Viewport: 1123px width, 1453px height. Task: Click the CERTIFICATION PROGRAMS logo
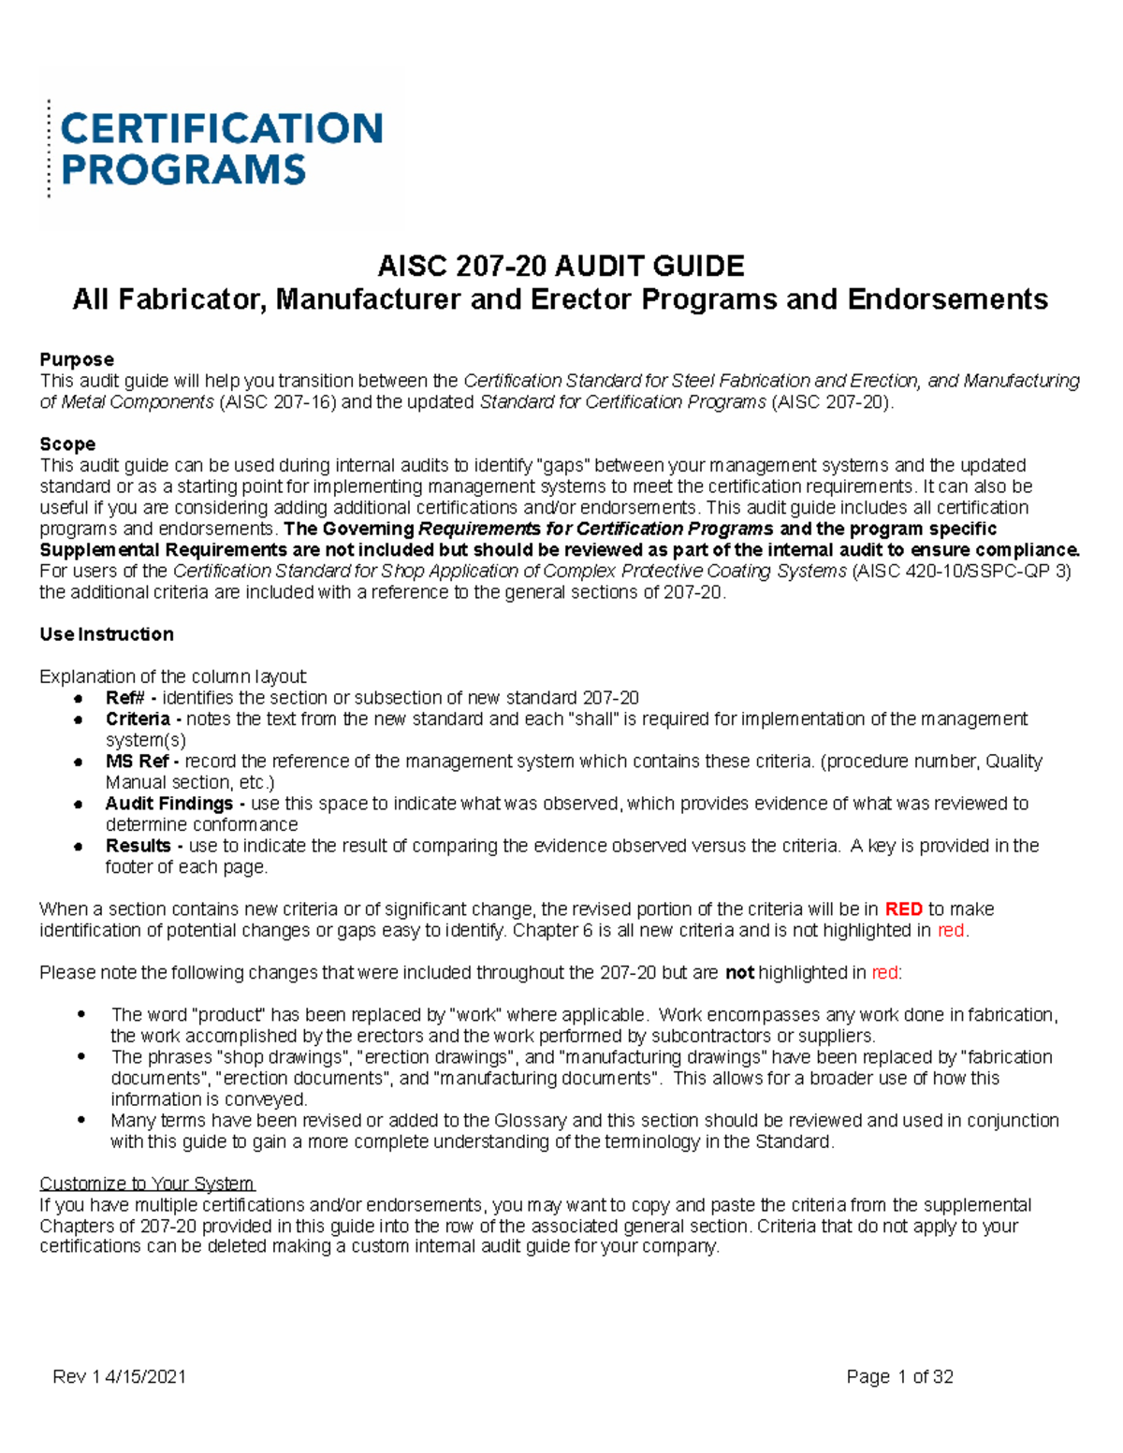tap(221, 149)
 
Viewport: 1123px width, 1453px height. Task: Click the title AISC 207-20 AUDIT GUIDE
tap(561, 267)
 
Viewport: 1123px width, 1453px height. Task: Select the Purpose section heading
tap(77, 360)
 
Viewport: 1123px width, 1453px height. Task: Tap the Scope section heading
tap(67, 444)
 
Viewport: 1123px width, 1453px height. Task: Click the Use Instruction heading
tap(107, 634)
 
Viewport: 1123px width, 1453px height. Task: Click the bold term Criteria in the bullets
tap(138, 719)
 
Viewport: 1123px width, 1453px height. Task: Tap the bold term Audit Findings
tap(169, 804)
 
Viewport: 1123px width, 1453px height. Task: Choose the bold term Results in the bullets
tap(139, 846)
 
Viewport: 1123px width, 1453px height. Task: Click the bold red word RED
tap(903, 909)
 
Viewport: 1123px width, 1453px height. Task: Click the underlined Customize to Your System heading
tap(147, 1184)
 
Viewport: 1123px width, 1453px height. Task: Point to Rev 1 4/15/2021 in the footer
tap(120, 1376)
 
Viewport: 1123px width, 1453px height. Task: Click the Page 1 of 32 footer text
tap(899, 1376)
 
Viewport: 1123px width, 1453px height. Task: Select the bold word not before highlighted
tap(739, 973)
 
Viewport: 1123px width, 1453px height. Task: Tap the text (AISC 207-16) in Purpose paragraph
tap(279, 402)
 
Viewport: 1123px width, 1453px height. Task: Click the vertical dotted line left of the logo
tap(49, 149)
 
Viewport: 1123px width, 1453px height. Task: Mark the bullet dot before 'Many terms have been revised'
tap(82, 1120)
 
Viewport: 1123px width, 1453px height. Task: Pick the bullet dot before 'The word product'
tap(82, 1014)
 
